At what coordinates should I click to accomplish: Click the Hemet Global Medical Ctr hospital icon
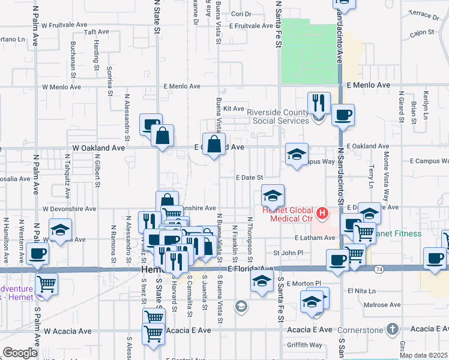322,213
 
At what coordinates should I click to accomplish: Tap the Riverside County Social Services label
279,115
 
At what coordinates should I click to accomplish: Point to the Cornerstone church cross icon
392,329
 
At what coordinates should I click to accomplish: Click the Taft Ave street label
97,32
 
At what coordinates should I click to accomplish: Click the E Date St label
249,178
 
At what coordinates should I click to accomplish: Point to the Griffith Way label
304,345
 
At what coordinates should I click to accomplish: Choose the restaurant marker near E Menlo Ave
319,103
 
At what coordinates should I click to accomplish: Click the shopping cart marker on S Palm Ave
46,284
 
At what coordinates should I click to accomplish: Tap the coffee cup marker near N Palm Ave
37,254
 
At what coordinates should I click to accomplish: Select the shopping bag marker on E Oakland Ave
214,145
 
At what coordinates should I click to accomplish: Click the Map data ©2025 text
423,355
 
